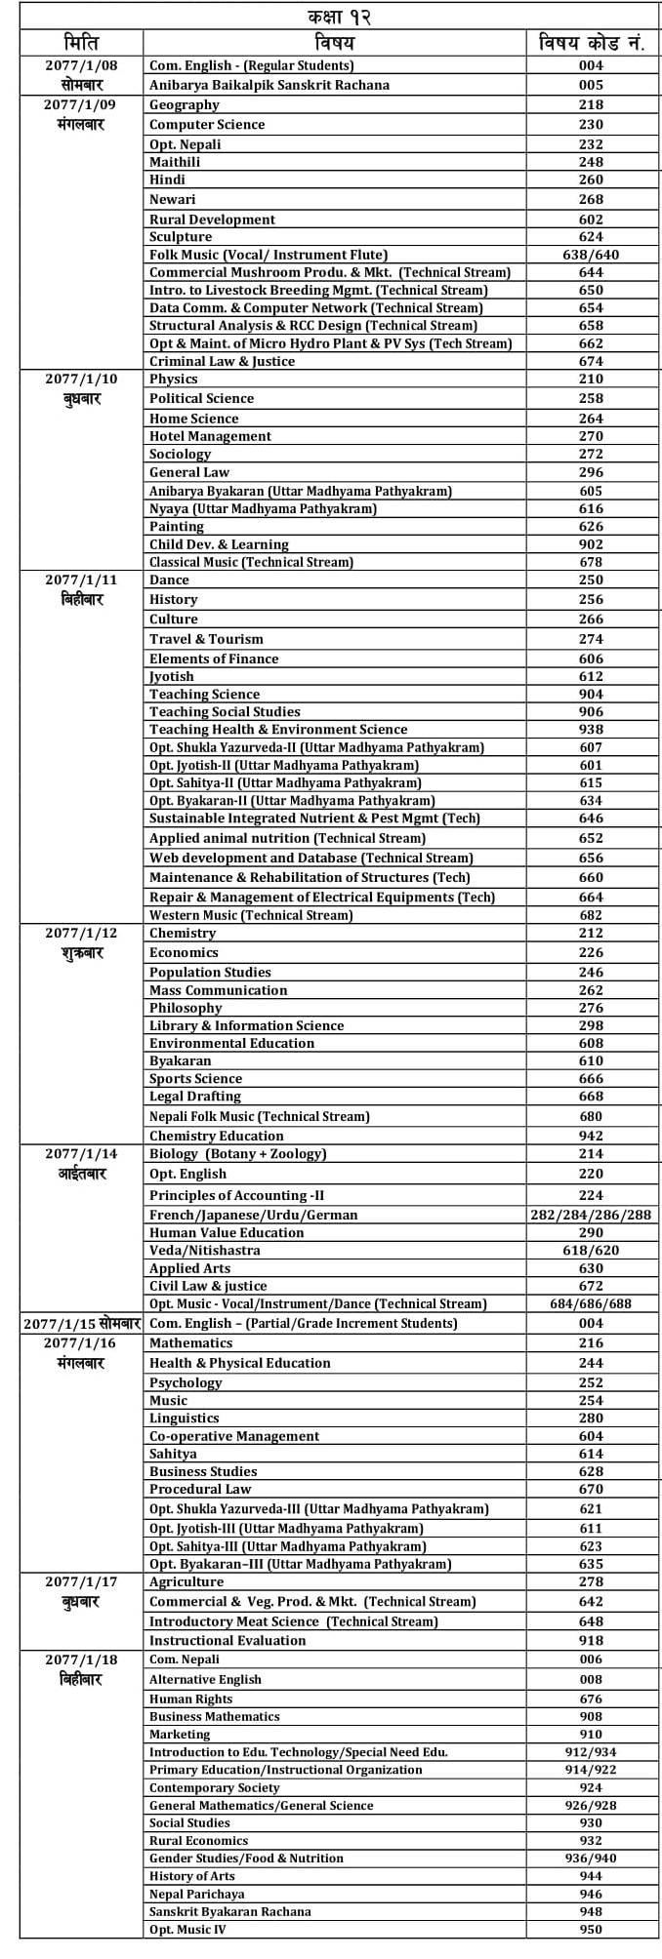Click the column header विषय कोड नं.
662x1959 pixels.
tap(591, 43)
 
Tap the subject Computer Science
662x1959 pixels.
tap(207, 125)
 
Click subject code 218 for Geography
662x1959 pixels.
tap(591, 105)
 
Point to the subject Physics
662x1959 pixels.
tap(174, 379)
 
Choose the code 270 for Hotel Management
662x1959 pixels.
tap(591, 436)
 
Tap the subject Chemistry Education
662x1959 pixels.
tap(217, 1136)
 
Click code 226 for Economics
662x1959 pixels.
tap(591, 953)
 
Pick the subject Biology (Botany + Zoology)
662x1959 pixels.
tap(238, 1154)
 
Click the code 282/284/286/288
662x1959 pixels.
tap(591, 1215)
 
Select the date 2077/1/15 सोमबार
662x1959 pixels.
tap(82, 1324)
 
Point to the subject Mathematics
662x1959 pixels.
tap(191, 1343)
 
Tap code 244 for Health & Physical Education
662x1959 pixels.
tap(591, 1363)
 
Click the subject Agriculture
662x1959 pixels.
tap(186, 1581)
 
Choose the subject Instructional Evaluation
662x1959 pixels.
tap(228, 1640)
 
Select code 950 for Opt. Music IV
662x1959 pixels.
tap(591, 1929)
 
